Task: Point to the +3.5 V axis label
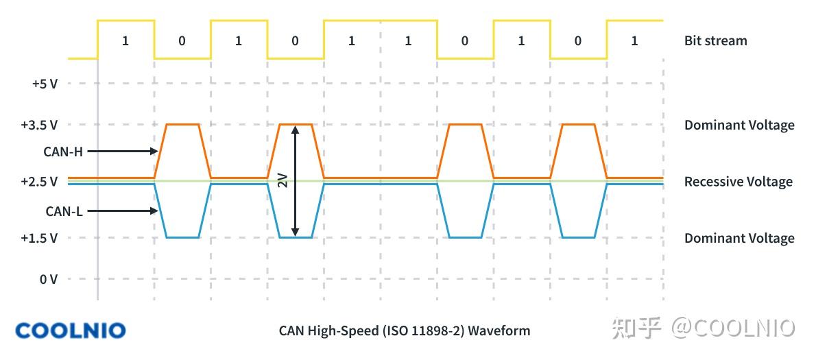(x=39, y=125)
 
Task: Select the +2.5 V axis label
(x=39, y=182)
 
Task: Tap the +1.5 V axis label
(x=39, y=238)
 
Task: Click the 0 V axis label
(x=48, y=279)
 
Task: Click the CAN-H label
(x=63, y=152)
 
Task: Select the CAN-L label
(x=64, y=211)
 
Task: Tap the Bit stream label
(x=715, y=40)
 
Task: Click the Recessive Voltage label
(x=738, y=182)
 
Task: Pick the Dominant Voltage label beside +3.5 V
(x=739, y=125)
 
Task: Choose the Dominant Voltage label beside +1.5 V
(x=739, y=238)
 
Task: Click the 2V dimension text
(x=283, y=180)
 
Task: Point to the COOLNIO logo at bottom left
(x=71, y=331)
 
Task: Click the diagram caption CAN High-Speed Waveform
(x=405, y=331)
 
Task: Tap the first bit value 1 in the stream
(x=125, y=40)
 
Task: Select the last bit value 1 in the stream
(x=634, y=40)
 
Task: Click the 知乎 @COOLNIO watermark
(x=703, y=328)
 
